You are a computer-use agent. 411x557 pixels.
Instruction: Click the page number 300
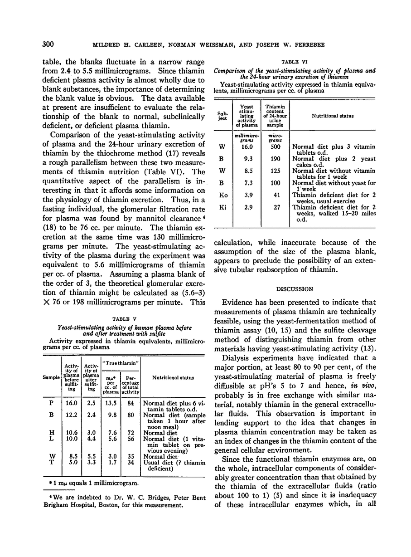(48, 44)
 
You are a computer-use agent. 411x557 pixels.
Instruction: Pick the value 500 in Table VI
(275, 147)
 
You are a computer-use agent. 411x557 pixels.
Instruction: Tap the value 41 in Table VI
(275, 195)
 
